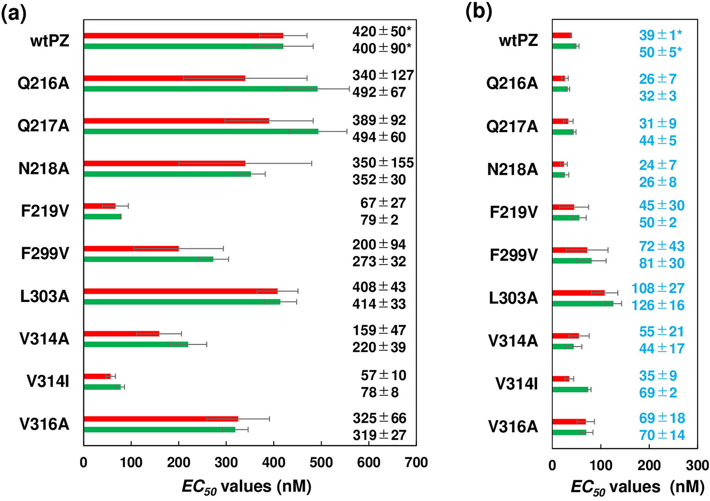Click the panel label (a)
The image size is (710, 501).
[x=13, y=13]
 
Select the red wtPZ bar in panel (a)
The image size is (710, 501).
[x=183, y=36]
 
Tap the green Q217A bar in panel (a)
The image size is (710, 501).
[x=201, y=131]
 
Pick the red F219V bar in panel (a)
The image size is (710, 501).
[x=99, y=206]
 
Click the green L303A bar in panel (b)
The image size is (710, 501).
[x=583, y=303]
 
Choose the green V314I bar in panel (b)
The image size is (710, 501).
[x=570, y=390]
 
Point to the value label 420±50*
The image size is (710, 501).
[x=382, y=32]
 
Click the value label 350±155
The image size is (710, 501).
[x=383, y=163]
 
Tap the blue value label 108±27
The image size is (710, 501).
[x=658, y=288]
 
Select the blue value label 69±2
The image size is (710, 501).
[x=658, y=392]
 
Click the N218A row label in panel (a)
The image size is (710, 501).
[x=44, y=169]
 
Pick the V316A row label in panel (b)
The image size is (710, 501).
[x=513, y=427]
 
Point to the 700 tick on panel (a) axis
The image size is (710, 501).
[x=416, y=463]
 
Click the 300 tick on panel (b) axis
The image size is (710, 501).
[x=697, y=465]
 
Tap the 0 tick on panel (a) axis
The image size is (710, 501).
[x=84, y=463]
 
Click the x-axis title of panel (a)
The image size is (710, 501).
[x=246, y=487]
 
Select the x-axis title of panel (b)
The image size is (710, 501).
[x=638, y=487]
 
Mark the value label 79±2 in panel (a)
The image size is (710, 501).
[x=379, y=220]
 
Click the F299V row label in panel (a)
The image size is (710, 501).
[x=45, y=254]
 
